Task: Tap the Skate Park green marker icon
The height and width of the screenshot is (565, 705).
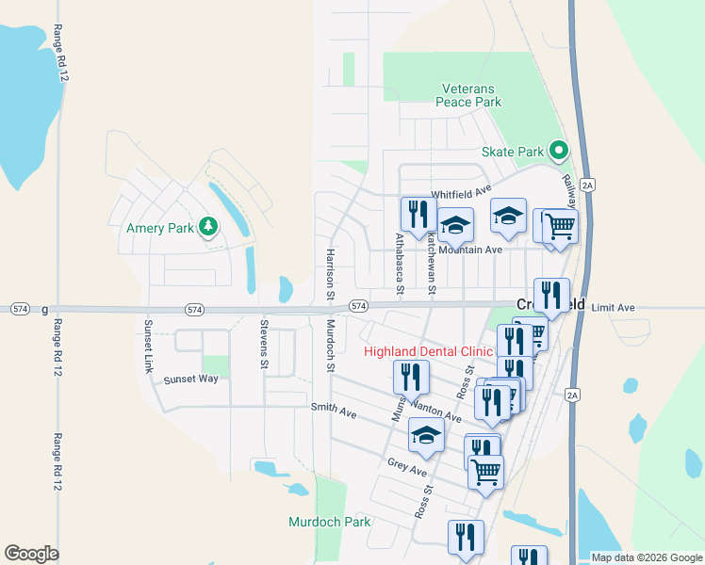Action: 559,151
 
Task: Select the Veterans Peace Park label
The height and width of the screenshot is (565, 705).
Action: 468,95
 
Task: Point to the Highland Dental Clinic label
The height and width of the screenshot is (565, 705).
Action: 429,351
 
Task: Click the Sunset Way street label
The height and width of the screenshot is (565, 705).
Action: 190,379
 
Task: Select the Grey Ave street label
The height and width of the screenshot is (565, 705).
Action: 407,465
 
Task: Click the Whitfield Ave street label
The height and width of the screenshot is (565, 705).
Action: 462,194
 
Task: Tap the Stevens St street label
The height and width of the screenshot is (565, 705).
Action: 264,345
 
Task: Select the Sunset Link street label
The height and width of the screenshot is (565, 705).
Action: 147,346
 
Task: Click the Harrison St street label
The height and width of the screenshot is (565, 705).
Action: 330,274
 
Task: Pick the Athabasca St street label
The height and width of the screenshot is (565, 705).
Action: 400,264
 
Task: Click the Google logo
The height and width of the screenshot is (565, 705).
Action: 31,554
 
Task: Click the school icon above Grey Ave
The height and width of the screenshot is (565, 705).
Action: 426,435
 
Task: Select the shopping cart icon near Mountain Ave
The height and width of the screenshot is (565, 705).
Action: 559,226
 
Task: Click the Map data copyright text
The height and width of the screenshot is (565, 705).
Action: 644,557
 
